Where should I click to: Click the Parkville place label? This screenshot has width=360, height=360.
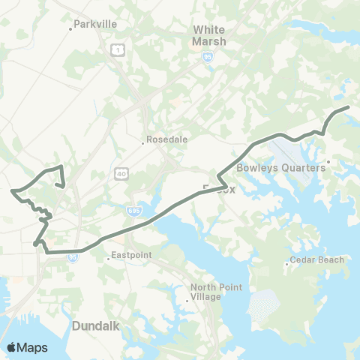96,24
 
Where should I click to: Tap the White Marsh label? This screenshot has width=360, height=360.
208,35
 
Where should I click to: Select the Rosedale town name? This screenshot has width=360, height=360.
166,139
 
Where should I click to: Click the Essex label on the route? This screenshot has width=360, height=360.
219,189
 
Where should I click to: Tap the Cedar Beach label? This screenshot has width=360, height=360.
318,260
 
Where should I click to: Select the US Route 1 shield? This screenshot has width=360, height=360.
117,50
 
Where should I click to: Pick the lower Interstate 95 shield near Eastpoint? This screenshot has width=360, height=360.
72,256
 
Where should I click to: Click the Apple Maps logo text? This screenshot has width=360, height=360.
27,347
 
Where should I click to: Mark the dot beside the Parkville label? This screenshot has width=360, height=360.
70,28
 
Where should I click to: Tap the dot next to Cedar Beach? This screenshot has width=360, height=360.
288,263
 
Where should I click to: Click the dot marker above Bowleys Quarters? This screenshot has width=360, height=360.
328,160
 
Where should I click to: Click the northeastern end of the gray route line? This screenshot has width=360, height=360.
349,108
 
